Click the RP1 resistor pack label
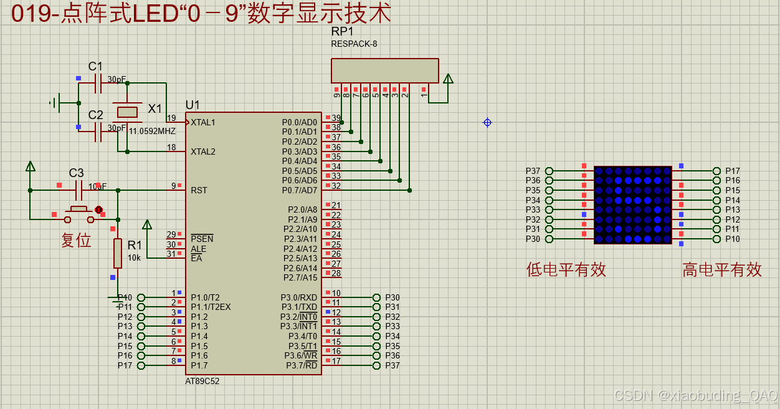(342, 31)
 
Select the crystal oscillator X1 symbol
(128, 112)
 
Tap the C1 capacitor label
(95, 66)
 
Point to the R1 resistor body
(117, 253)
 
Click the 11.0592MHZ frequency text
(152, 132)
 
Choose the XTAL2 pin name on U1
(203, 152)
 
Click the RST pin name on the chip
(199, 190)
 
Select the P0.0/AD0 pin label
(299, 122)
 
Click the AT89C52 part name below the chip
(202, 381)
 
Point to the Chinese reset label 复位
(76, 240)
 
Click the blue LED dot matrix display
(632, 205)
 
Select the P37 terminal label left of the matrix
(533, 171)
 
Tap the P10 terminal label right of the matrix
(733, 239)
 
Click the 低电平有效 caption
(566, 269)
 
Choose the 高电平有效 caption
(721, 269)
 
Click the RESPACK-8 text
(354, 44)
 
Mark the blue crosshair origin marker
(487, 122)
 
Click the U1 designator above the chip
(193, 105)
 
